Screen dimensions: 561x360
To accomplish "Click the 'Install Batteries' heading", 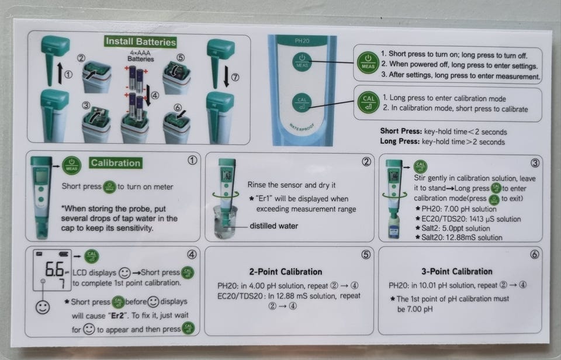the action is pyautogui.click(x=141, y=41).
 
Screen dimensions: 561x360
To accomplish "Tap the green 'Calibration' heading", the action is pyautogui.click(x=115, y=163).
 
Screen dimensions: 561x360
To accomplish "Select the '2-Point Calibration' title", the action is pyautogui.click(x=286, y=272).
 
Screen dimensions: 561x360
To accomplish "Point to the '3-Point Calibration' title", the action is pyautogui.click(x=457, y=271).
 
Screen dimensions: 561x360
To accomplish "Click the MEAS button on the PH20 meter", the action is pyautogui.click(x=302, y=61).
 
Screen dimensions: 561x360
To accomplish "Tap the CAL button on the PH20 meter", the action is pyautogui.click(x=302, y=103).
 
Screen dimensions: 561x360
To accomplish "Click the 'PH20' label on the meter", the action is pyautogui.click(x=302, y=41).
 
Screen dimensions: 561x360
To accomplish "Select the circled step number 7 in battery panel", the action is pyautogui.click(x=235, y=77).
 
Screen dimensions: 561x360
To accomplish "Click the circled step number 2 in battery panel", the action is pyautogui.click(x=81, y=58).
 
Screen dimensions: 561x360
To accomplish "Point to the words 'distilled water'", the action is pyautogui.click(x=273, y=226).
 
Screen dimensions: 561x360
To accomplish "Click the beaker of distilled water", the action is pyautogui.click(x=225, y=222).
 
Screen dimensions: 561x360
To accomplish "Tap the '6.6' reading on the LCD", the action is pyautogui.click(x=54, y=269).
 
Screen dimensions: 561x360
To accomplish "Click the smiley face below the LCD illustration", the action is pyautogui.click(x=43, y=307).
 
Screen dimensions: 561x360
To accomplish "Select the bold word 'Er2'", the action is pyautogui.click(x=117, y=316).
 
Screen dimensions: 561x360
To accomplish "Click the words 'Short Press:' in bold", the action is pyautogui.click(x=401, y=131).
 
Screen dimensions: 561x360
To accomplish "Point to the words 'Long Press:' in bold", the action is pyautogui.click(x=400, y=141).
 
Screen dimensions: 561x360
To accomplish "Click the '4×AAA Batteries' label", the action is pyautogui.click(x=141, y=56).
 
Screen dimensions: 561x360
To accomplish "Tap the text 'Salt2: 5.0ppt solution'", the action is pyautogui.click(x=452, y=229).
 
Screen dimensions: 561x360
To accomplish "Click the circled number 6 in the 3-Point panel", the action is pyautogui.click(x=534, y=254).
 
